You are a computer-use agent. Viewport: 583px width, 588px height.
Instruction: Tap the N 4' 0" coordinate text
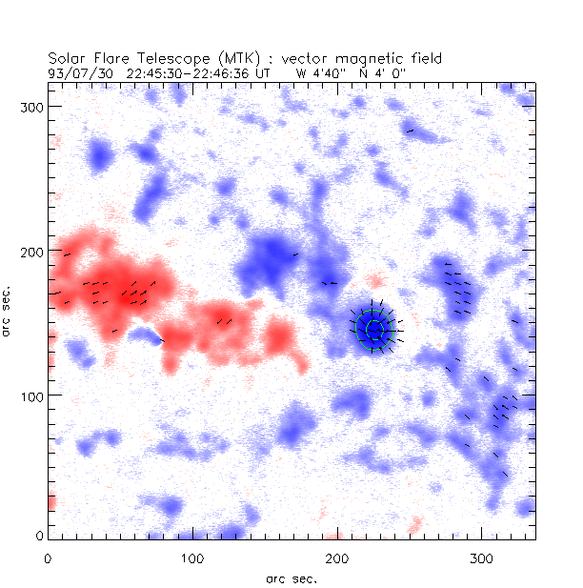click(x=381, y=72)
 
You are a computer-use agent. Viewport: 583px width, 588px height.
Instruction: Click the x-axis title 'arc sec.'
click(x=291, y=578)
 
